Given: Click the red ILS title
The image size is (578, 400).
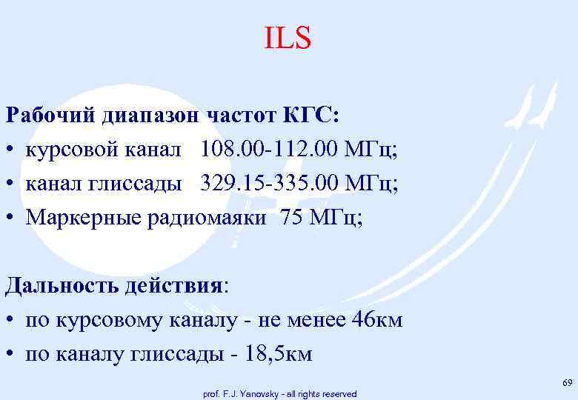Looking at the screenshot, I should pyautogui.click(x=288, y=39).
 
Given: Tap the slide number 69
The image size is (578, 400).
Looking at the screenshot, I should pyautogui.click(x=568, y=382).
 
